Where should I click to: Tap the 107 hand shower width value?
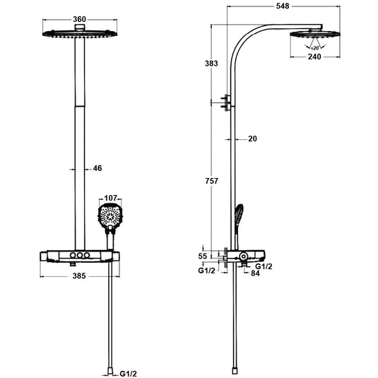(x=110, y=199)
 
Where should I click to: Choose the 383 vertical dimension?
(x=211, y=64)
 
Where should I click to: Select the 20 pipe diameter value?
(x=252, y=138)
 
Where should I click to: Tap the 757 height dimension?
(x=211, y=182)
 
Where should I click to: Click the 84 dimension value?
(x=256, y=274)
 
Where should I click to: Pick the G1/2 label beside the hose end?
(x=128, y=373)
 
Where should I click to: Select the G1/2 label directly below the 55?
(x=206, y=270)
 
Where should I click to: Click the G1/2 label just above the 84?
(x=264, y=266)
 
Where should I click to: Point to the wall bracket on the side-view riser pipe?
(x=226, y=102)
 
